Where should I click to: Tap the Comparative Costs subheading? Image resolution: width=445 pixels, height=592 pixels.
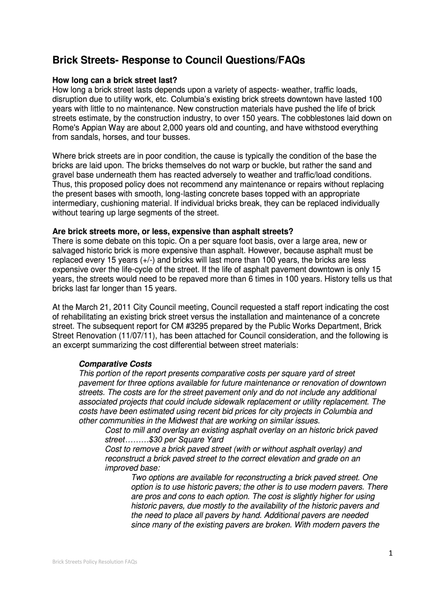coord(115,364)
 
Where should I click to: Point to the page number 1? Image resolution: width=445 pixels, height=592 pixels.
coord(391,554)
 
